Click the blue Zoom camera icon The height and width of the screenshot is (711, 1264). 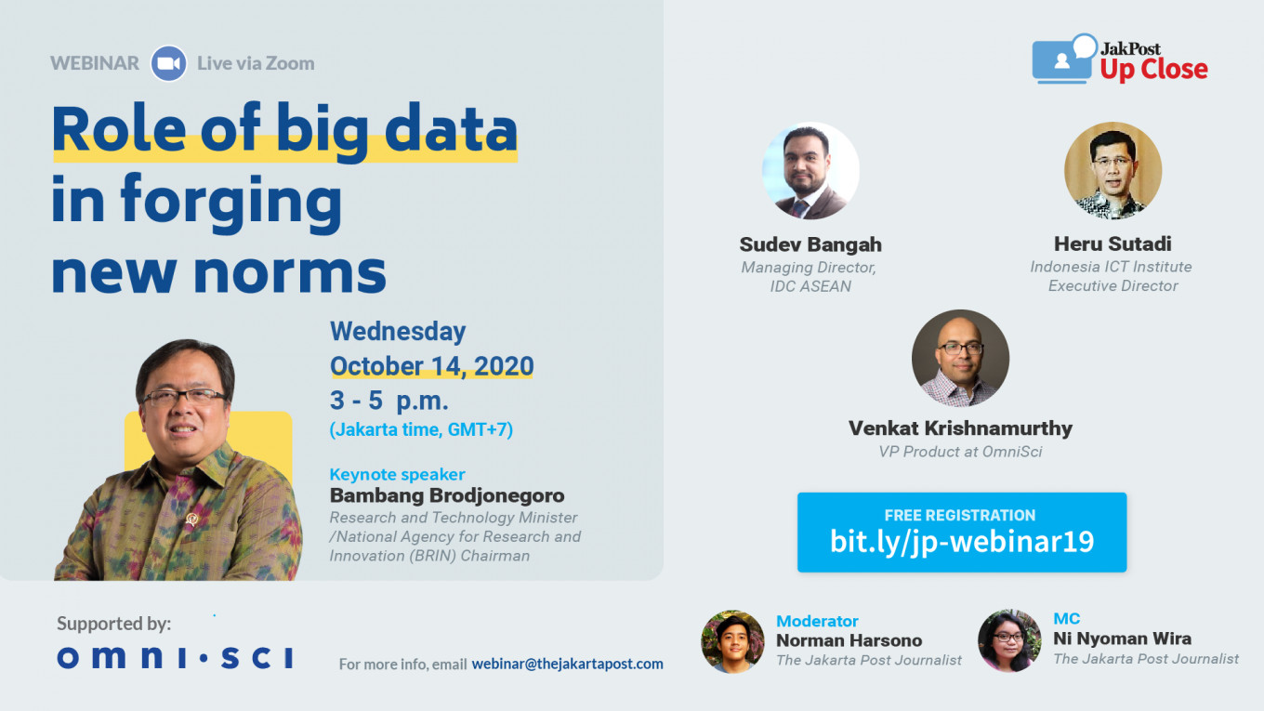[169, 63]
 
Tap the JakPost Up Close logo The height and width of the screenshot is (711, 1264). [1120, 59]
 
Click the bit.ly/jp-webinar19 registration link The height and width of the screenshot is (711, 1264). [962, 541]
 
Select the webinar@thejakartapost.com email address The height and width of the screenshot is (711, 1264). [567, 664]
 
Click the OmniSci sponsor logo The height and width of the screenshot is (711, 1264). [175, 657]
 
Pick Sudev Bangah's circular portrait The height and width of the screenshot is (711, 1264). [810, 170]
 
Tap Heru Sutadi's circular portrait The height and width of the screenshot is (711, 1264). [1113, 170]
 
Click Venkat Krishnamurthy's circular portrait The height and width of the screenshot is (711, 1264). [960, 358]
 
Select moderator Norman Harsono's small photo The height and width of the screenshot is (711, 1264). [732, 641]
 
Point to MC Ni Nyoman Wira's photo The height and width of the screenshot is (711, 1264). [1009, 640]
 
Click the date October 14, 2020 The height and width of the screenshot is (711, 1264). [431, 366]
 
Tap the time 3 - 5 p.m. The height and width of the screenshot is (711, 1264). [388, 401]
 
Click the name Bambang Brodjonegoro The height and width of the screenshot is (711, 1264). [447, 495]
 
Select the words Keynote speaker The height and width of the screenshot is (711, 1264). [397, 474]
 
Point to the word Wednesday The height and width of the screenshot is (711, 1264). [398, 331]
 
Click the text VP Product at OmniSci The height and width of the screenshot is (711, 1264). [960, 452]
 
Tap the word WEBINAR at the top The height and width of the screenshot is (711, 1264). [94, 63]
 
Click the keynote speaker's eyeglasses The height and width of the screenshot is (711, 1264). [184, 396]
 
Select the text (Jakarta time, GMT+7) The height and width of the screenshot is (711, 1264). [421, 430]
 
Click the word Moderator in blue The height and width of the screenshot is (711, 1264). [817, 621]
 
